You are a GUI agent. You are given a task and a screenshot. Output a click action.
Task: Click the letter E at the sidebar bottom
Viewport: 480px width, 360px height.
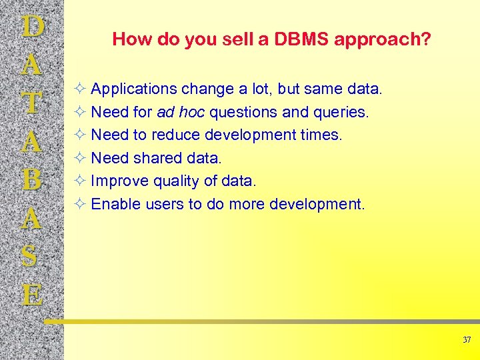[x=33, y=294]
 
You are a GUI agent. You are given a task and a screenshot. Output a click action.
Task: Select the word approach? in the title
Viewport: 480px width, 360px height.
[x=383, y=40]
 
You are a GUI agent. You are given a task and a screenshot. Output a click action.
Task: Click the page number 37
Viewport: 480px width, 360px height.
[x=467, y=340]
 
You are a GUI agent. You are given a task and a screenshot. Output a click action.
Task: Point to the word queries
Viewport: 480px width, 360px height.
[x=341, y=113]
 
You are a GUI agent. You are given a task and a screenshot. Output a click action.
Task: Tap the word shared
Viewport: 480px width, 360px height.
[x=157, y=158]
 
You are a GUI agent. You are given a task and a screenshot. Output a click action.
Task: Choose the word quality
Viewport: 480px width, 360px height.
[x=174, y=181]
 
